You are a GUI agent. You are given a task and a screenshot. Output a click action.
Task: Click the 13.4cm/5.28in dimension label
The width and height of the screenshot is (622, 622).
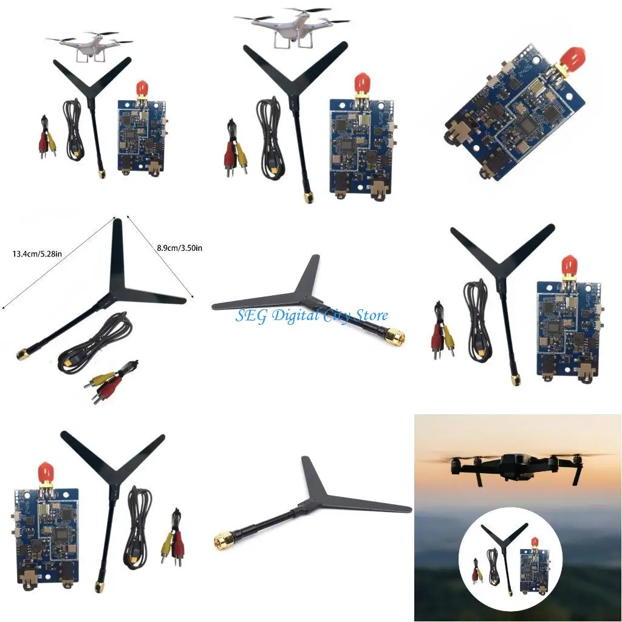[35, 253]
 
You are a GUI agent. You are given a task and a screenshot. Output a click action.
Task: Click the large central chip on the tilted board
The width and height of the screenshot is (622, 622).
[527, 126]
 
